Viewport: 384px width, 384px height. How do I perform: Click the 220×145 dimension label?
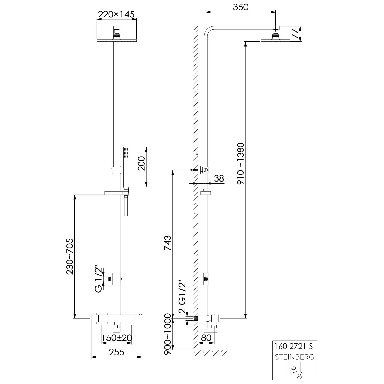pyautogui.click(x=116, y=14)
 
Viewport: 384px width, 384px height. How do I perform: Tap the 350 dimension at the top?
pyautogui.click(x=241, y=7)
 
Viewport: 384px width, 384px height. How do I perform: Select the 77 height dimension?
pyautogui.click(x=295, y=34)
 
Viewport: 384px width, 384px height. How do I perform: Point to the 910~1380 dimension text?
pyautogui.click(x=241, y=163)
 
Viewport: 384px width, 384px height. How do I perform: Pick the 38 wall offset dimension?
pyautogui.click(x=219, y=178)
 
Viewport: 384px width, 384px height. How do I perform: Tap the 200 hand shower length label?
pyautogui.click(x=141, y=163)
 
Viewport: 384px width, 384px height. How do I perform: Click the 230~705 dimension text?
pyautogui.click(x=70, y=256)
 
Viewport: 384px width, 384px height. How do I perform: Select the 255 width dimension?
pyautogui.click(x=116, y=352)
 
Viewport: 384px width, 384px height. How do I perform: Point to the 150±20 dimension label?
pyautogui.click(x=117, y=338)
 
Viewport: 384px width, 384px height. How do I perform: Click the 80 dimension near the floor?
pyautogui.click(x=206, y=338)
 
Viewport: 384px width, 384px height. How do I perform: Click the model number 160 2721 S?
pyautogui.click(x=294, y=346)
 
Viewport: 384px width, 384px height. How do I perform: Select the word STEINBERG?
pyautogui.click(x=294, y=357)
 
